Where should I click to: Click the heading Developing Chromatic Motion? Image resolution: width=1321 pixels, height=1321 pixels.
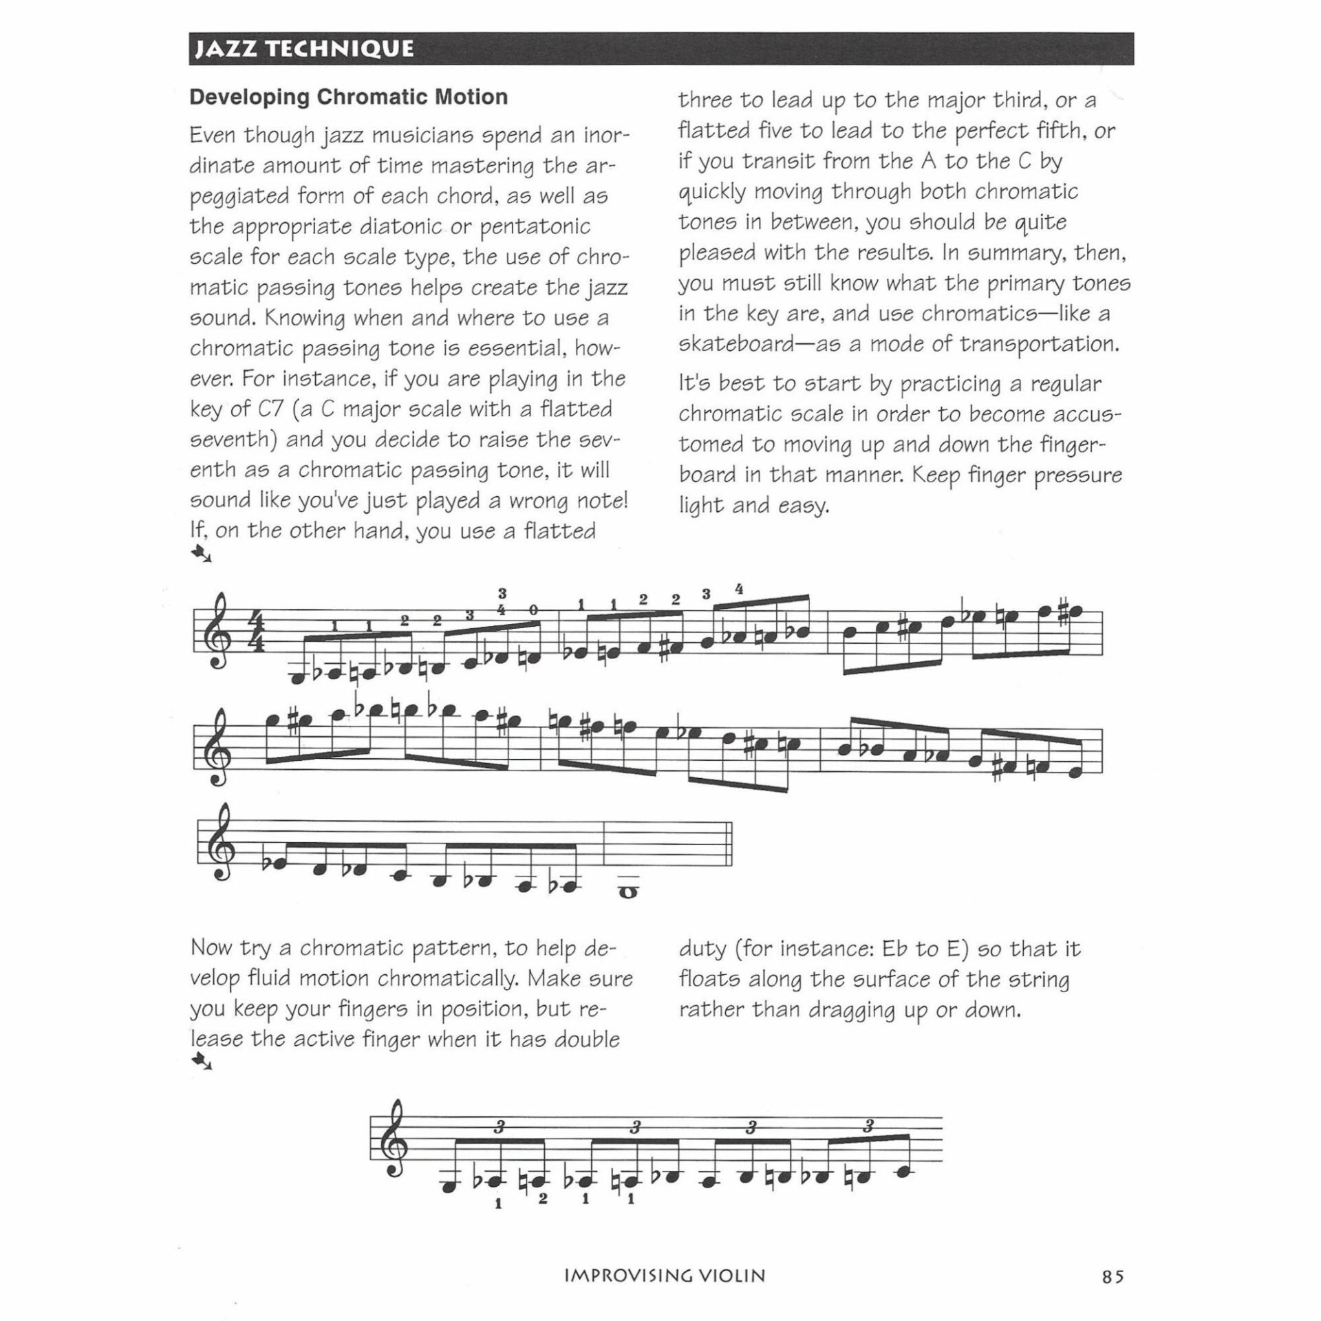click(x=348, y=97)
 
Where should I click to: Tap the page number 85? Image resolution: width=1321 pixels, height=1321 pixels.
click(x=1113, y=1276)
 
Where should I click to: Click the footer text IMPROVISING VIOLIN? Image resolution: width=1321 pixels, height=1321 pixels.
click(x=664, y=1276)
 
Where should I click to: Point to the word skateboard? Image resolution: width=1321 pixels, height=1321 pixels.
click(x=735, y=344)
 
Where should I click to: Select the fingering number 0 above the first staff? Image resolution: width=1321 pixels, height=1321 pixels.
click(x=533, y=610)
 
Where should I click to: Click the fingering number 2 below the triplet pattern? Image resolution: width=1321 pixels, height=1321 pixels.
click(x=543, y=1199)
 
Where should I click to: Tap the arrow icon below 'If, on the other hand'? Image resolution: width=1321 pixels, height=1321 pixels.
click(x=202, y=553)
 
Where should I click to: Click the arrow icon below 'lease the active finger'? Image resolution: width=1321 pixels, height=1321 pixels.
click(x=202, y=1062)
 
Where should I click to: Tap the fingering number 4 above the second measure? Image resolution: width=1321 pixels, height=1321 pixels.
click(x=739, y=590)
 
